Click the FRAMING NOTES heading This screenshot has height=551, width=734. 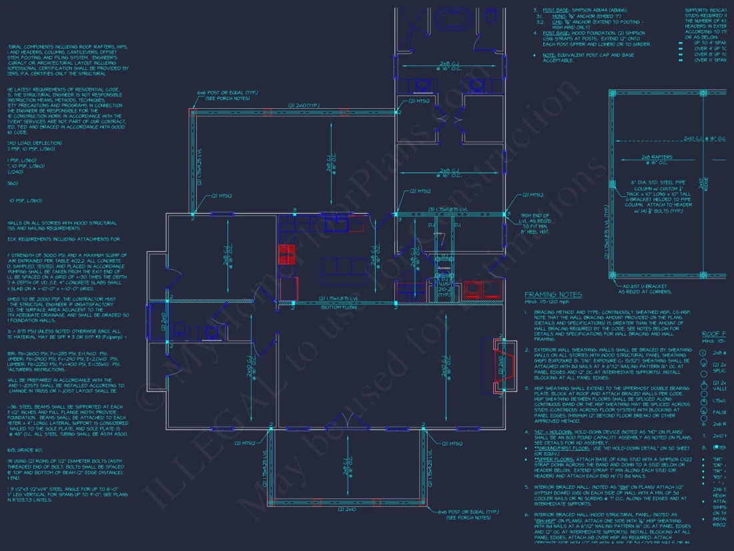click(553, 295)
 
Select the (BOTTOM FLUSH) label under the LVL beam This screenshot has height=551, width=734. click(340, 307)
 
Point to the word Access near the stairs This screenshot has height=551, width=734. click(444, 268)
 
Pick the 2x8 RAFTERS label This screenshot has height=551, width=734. click(657, 157)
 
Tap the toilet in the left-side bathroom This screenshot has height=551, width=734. click(179, 330)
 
